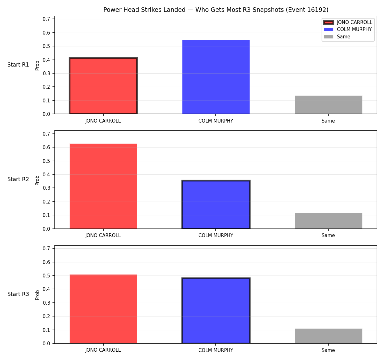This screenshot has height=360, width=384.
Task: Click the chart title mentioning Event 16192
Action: pyautogui.click(x=216, y=10)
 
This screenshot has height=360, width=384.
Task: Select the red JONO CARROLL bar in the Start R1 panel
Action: pyautogui.click(x=103, y=86)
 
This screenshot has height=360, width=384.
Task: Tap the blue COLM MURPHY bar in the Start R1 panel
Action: pyautogui.click(x=216, y=77)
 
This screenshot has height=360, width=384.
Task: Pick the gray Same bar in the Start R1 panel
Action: pyautogui.click(x=328, y=105)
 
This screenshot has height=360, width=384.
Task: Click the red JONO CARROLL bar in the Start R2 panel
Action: pyautogui.click(x=103, y=186)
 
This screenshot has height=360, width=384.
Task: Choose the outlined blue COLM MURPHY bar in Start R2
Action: pyautogui.click(x=216, y=204)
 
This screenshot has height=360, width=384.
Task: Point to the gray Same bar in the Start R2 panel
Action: pyautogui.click(x=328, y=221)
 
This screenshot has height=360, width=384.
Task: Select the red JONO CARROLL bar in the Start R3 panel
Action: pyautogui.click(x=103, y=309)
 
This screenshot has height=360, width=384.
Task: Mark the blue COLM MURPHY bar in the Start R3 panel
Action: pyautogui.click(x=216, y=311)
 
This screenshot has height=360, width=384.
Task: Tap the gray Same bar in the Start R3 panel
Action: pyautogui.click(x=328, y=336)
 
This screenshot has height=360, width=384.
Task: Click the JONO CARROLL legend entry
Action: pyautogui.click(x=348, y=22)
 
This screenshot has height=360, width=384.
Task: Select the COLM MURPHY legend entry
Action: pyautogui.click(x=348, y=29)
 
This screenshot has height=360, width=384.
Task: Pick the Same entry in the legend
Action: pyautogui.click(x=337, y=37)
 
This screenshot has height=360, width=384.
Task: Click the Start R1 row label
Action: pyautogui.click(x=18, y=65)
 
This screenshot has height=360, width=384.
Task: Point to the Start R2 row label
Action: pyautogui.click(x=18, y=179)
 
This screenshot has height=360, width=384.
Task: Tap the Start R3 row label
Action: pyautogui.click(x=18, y=294)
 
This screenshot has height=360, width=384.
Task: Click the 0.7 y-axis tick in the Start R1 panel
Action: pyautogui.click(x=46, y=19)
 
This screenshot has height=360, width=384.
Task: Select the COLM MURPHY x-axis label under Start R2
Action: pyautogui.click(x=216, y=236)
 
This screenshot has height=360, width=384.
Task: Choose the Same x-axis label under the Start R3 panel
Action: pyautogui.click(x=328, y=350)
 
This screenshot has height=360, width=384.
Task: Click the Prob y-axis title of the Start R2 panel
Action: pyautogui.click(x=37, y=180)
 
